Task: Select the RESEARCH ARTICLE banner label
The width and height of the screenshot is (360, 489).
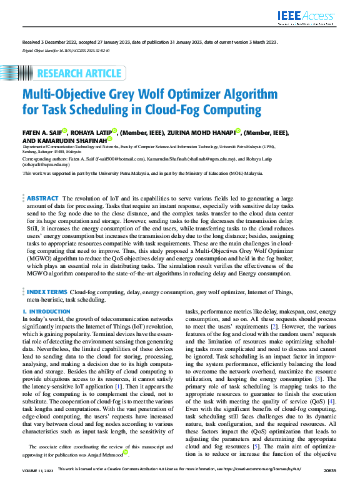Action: pos(79,74)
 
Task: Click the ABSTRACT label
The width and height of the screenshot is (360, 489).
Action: pos(43,197)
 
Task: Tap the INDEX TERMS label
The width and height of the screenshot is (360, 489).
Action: pos(47,292)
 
